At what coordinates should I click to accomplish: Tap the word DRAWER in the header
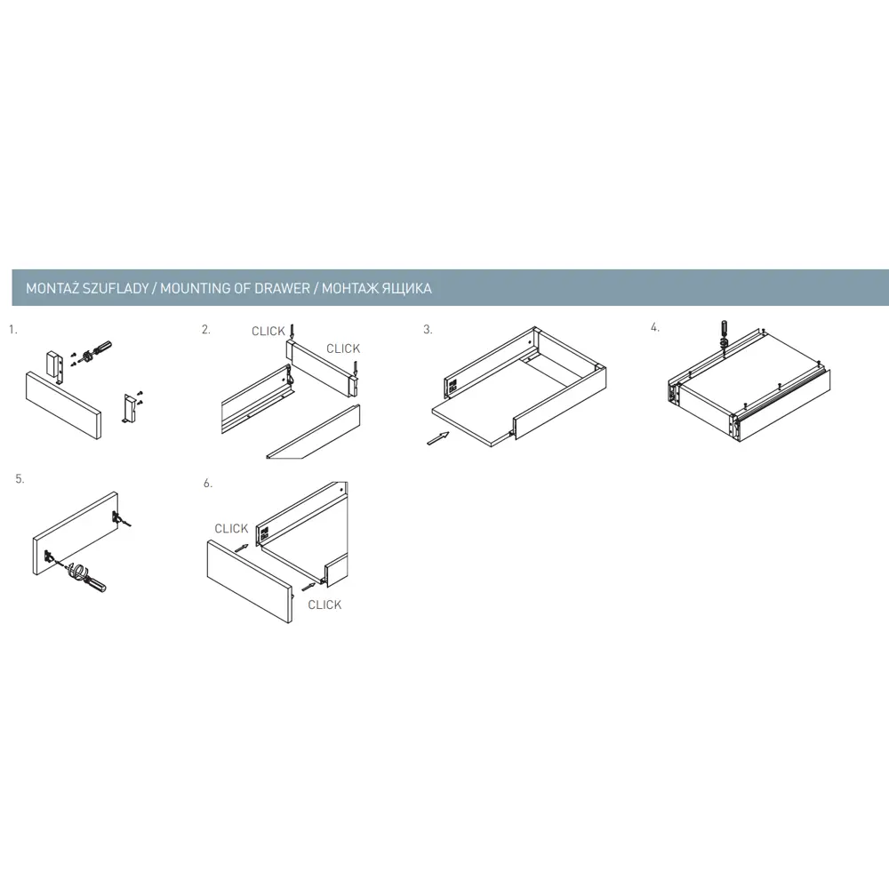click(283, 288)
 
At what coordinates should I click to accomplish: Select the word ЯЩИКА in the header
click(406, 288)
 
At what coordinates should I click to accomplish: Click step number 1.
click(13, 330)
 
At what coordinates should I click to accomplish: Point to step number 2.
click(206, 330)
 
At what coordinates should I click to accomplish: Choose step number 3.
click(428, 330)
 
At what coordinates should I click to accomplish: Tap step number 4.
click(655, 327)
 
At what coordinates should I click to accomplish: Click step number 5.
click(20, 479)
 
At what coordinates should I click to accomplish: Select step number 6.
click(208, 483)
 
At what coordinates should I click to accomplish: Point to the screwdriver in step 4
click(724, 335)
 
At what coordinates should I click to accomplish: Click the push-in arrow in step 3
click(437, 438)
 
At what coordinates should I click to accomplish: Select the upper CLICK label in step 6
click(231, 528)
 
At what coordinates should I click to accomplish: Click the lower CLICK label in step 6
click(324, 605)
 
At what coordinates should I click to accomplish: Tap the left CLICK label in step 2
click(268, 331)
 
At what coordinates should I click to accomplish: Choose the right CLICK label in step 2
click(343, 348)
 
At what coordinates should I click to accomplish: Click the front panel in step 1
click(63, 405)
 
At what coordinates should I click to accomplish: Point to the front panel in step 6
click(250, 581)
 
